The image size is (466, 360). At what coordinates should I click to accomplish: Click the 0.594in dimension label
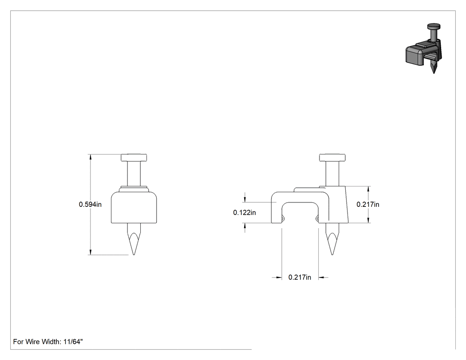click(x=90, y=205)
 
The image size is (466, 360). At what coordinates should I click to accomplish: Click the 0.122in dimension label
click(x=244, y=213)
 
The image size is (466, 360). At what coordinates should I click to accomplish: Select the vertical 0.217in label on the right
click(x=368, y=205)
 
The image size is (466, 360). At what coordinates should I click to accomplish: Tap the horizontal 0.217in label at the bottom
click(x=300, y=277)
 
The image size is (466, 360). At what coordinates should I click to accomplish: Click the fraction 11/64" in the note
click(x=73, y=341)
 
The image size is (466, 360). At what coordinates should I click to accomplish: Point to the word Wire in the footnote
click(x=33, y=341)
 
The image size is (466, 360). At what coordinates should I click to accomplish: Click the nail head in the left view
click(x=134, y=158)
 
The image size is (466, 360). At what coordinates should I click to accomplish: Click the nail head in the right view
click(x=332, y=158)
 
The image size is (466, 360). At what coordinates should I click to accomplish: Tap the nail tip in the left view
click(x=134, y=255)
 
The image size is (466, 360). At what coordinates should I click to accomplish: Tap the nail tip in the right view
click(x=332, y=255)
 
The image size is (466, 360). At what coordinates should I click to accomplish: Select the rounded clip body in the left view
click(x=134, y=207)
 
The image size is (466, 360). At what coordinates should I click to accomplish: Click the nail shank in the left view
click(x=134, y=174)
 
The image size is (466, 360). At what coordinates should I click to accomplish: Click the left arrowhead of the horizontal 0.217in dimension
click(x=278, y=277)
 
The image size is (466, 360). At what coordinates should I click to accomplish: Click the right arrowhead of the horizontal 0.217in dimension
click(x=322, y=277)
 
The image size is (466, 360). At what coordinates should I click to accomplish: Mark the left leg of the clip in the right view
click(x=276, y=213)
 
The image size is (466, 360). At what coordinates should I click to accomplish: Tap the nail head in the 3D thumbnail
click(x=434, y=27)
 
